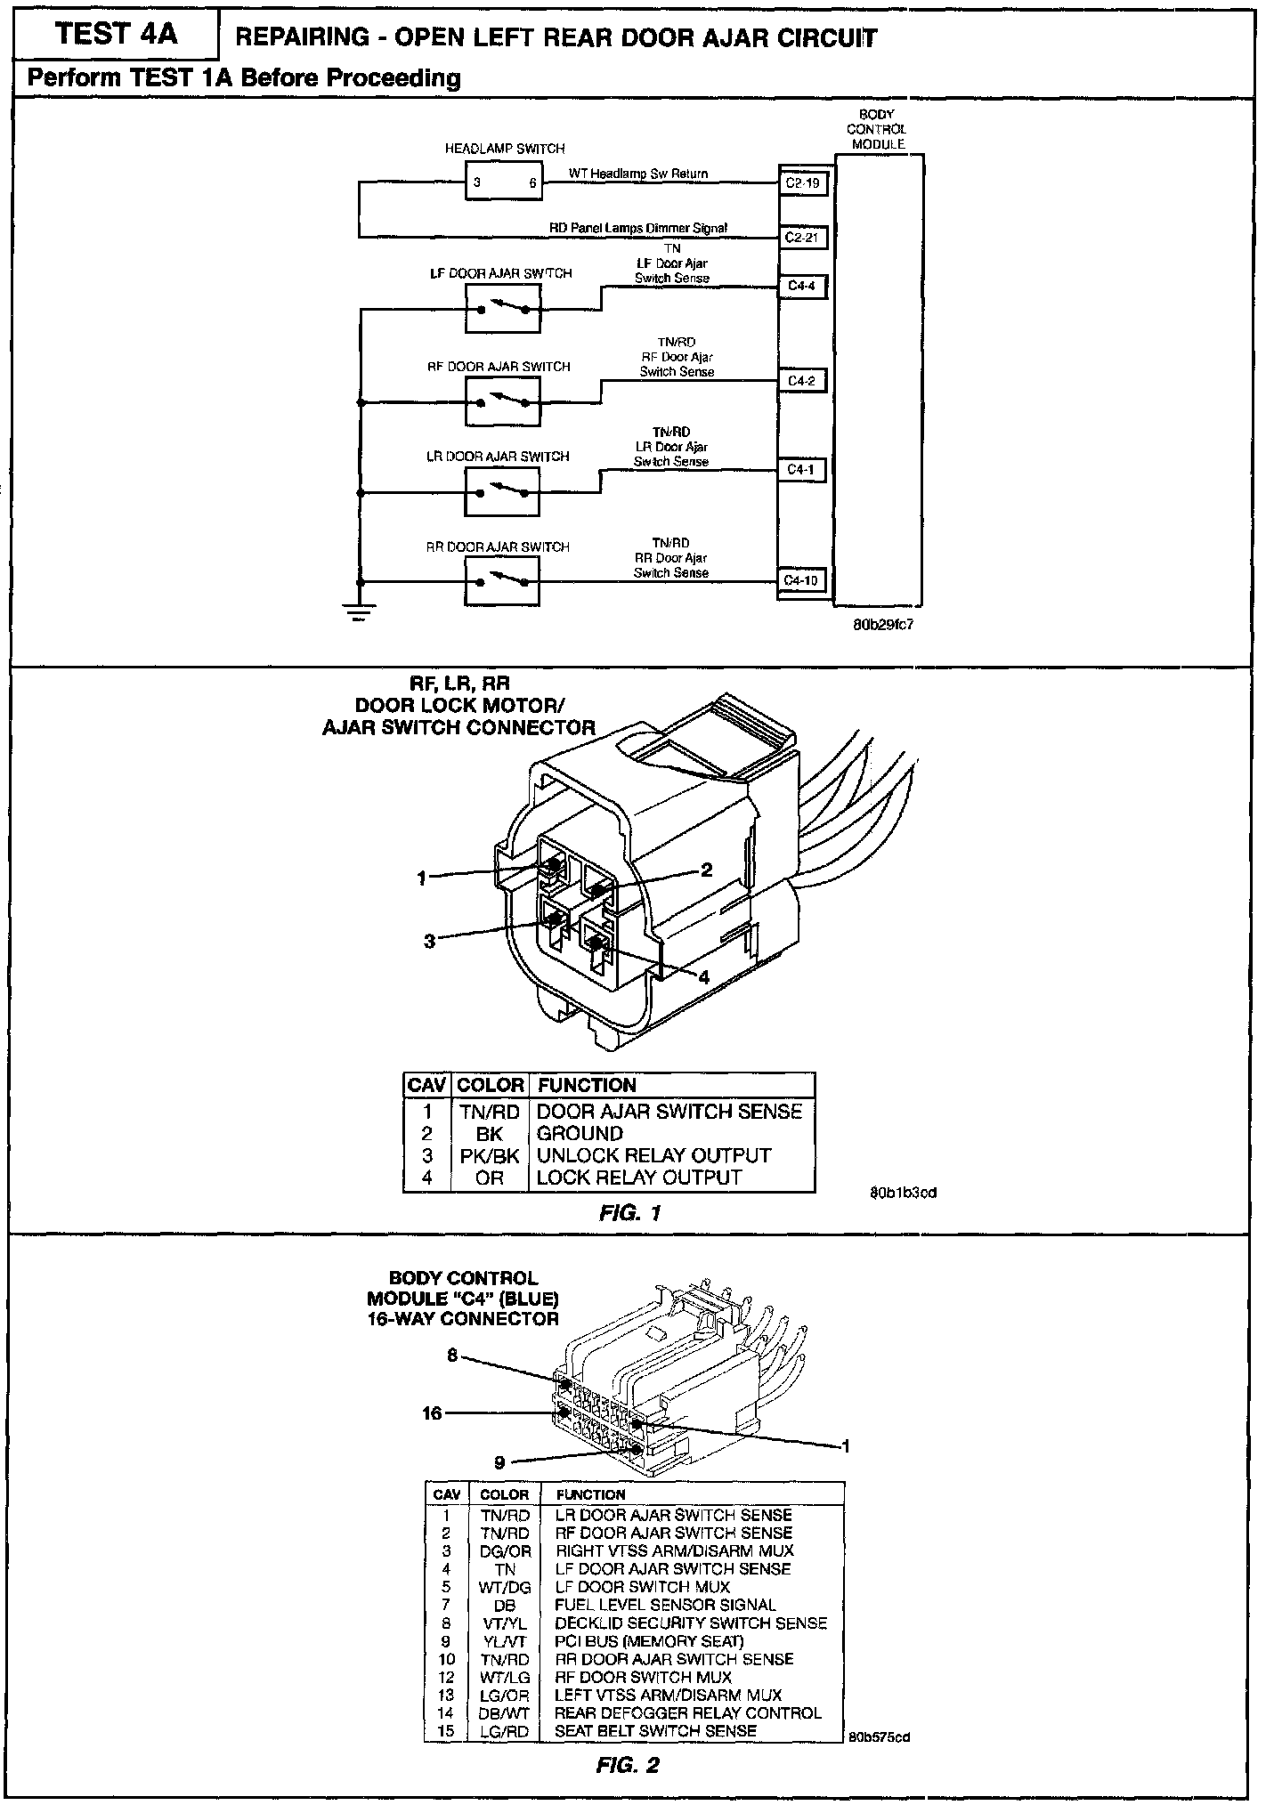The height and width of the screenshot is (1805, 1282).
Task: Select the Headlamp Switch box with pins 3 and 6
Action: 504,182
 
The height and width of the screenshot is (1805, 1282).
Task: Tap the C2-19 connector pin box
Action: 802,184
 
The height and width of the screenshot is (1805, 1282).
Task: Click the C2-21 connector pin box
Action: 802,238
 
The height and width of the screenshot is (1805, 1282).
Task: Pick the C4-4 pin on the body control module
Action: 801,287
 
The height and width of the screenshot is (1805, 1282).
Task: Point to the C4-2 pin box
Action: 801,381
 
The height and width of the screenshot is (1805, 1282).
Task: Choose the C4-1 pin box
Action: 801,469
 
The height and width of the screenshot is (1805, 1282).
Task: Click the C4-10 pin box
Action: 801,580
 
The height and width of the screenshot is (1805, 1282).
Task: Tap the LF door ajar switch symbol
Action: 502,309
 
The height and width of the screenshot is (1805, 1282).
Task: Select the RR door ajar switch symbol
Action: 502,582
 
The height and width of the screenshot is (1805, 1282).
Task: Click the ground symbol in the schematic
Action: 360,612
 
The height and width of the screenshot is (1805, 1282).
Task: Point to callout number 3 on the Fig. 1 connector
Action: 429,941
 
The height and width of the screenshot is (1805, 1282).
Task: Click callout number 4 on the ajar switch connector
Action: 704,977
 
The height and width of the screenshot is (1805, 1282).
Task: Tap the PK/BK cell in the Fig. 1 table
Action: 489,1155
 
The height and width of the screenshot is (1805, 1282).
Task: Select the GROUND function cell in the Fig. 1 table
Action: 580,1134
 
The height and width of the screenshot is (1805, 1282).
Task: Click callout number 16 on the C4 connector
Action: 432,1412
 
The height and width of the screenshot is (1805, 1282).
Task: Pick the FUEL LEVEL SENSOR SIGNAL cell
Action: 665,1605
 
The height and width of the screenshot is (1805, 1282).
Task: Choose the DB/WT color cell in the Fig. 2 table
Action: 504,1712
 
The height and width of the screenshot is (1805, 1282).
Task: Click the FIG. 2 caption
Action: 628,1765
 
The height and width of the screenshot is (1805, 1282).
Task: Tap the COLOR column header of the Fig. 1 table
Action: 489,1085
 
